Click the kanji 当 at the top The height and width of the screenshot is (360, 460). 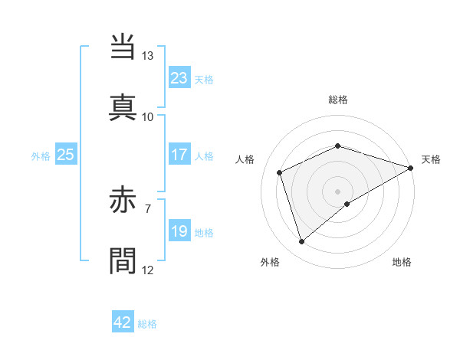pos(124,47)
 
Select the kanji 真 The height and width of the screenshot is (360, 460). pos(124,106)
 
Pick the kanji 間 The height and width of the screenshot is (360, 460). pos(124,260)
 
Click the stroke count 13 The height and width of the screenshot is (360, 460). pos(147,56)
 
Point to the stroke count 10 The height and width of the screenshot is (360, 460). pos(147,116)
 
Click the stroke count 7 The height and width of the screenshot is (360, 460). pos(147,208)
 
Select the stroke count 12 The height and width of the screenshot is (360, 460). pos(147,270)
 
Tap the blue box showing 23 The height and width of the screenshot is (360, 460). pos(179,78)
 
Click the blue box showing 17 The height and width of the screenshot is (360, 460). pos(179,155)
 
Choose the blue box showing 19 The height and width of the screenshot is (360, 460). pos(179,231)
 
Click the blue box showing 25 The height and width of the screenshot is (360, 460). pos(65,155)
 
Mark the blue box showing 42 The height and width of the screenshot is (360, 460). pos(123,322)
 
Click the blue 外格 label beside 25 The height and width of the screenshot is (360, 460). pos(41,156)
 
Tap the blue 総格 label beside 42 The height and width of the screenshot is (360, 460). pos(147,324)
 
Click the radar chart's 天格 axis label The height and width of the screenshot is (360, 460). pos(431,159)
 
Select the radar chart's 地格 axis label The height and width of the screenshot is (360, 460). pos(402,263)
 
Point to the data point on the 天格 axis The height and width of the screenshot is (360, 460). pos(411,167)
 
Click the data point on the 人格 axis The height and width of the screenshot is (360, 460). pos(280,172)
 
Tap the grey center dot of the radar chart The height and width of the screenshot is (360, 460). pos(337,191)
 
